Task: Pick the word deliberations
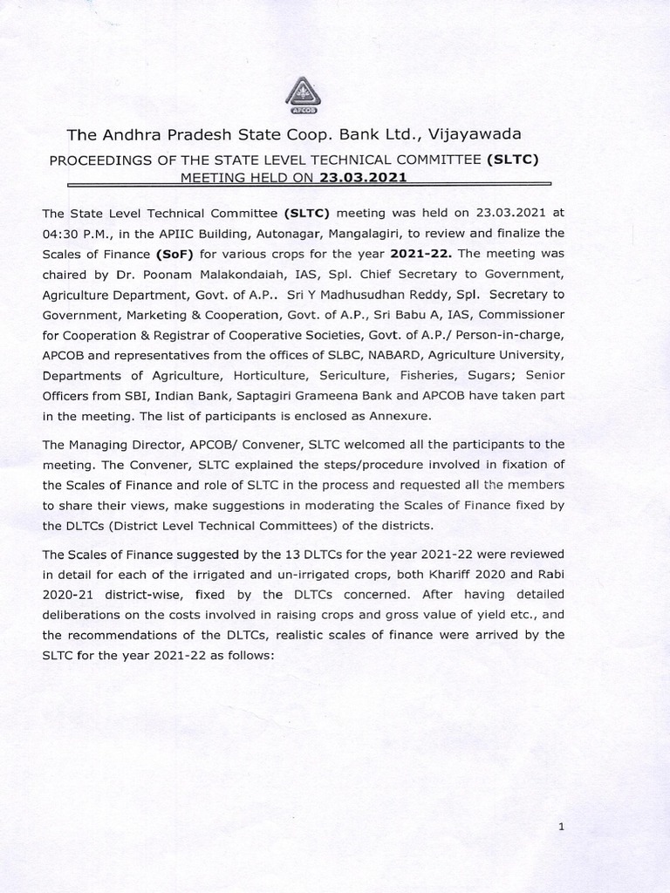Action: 85,615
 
